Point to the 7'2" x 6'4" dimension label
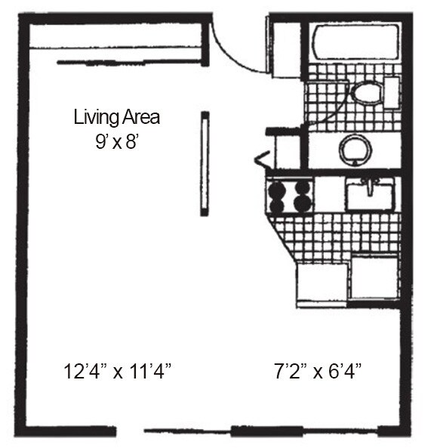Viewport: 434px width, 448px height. tap(318, 371)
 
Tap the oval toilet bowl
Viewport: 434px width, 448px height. tap(367, 94)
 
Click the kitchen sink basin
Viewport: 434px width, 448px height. tap(369, 196)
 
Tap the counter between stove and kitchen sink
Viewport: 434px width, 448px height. tap(328, 194)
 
